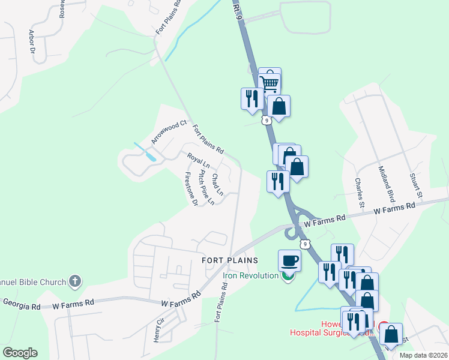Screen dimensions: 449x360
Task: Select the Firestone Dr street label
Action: [191, 190]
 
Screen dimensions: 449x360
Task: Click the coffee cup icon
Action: [289, 260]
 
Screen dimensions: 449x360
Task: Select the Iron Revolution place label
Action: [250, 276]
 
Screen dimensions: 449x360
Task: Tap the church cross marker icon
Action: [75, 280]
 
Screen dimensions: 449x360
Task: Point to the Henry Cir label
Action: [159, 331]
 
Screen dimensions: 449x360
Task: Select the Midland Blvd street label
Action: [387, 183]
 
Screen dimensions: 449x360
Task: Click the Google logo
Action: [20, 353]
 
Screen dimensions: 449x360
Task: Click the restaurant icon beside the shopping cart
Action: [252, 98]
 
